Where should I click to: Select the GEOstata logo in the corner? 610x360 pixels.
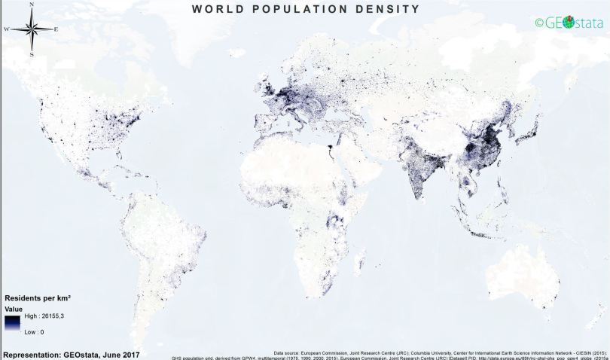pyautogui.click(x=569, y=23)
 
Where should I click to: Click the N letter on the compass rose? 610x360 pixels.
pyautogui.click(x=32, y=4)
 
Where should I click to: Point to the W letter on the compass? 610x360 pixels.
pyautogui.click(x=7, y=29)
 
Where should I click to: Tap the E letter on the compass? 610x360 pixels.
pyautogui.click(x=56, y=29)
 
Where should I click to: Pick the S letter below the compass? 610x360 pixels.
pyautogui.click(x=32, y=54)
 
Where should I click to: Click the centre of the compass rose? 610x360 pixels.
pyautogui.click(x=32, y=29)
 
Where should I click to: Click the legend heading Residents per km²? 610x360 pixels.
pyautogui.click(x=43, y=298)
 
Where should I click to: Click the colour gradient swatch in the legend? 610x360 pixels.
pyautogui.click(x=12, y=324)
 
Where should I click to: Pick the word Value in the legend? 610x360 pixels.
pyautogui.click(x=14, y=308)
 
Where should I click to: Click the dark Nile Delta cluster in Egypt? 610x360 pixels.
pyautogui.click(x=331, y=148)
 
